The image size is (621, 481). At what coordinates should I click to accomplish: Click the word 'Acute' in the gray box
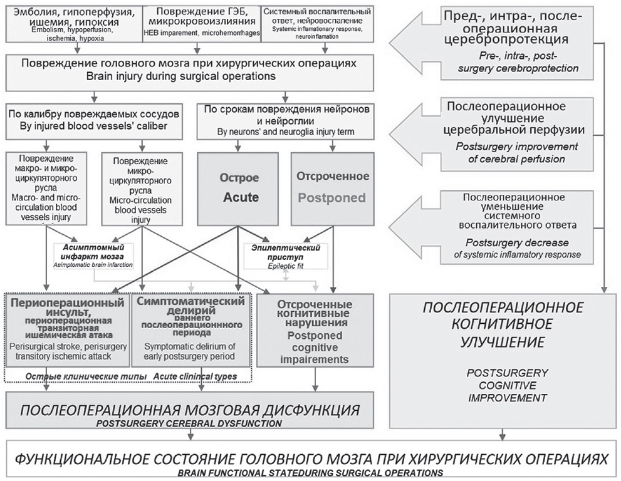click(241, 198)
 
